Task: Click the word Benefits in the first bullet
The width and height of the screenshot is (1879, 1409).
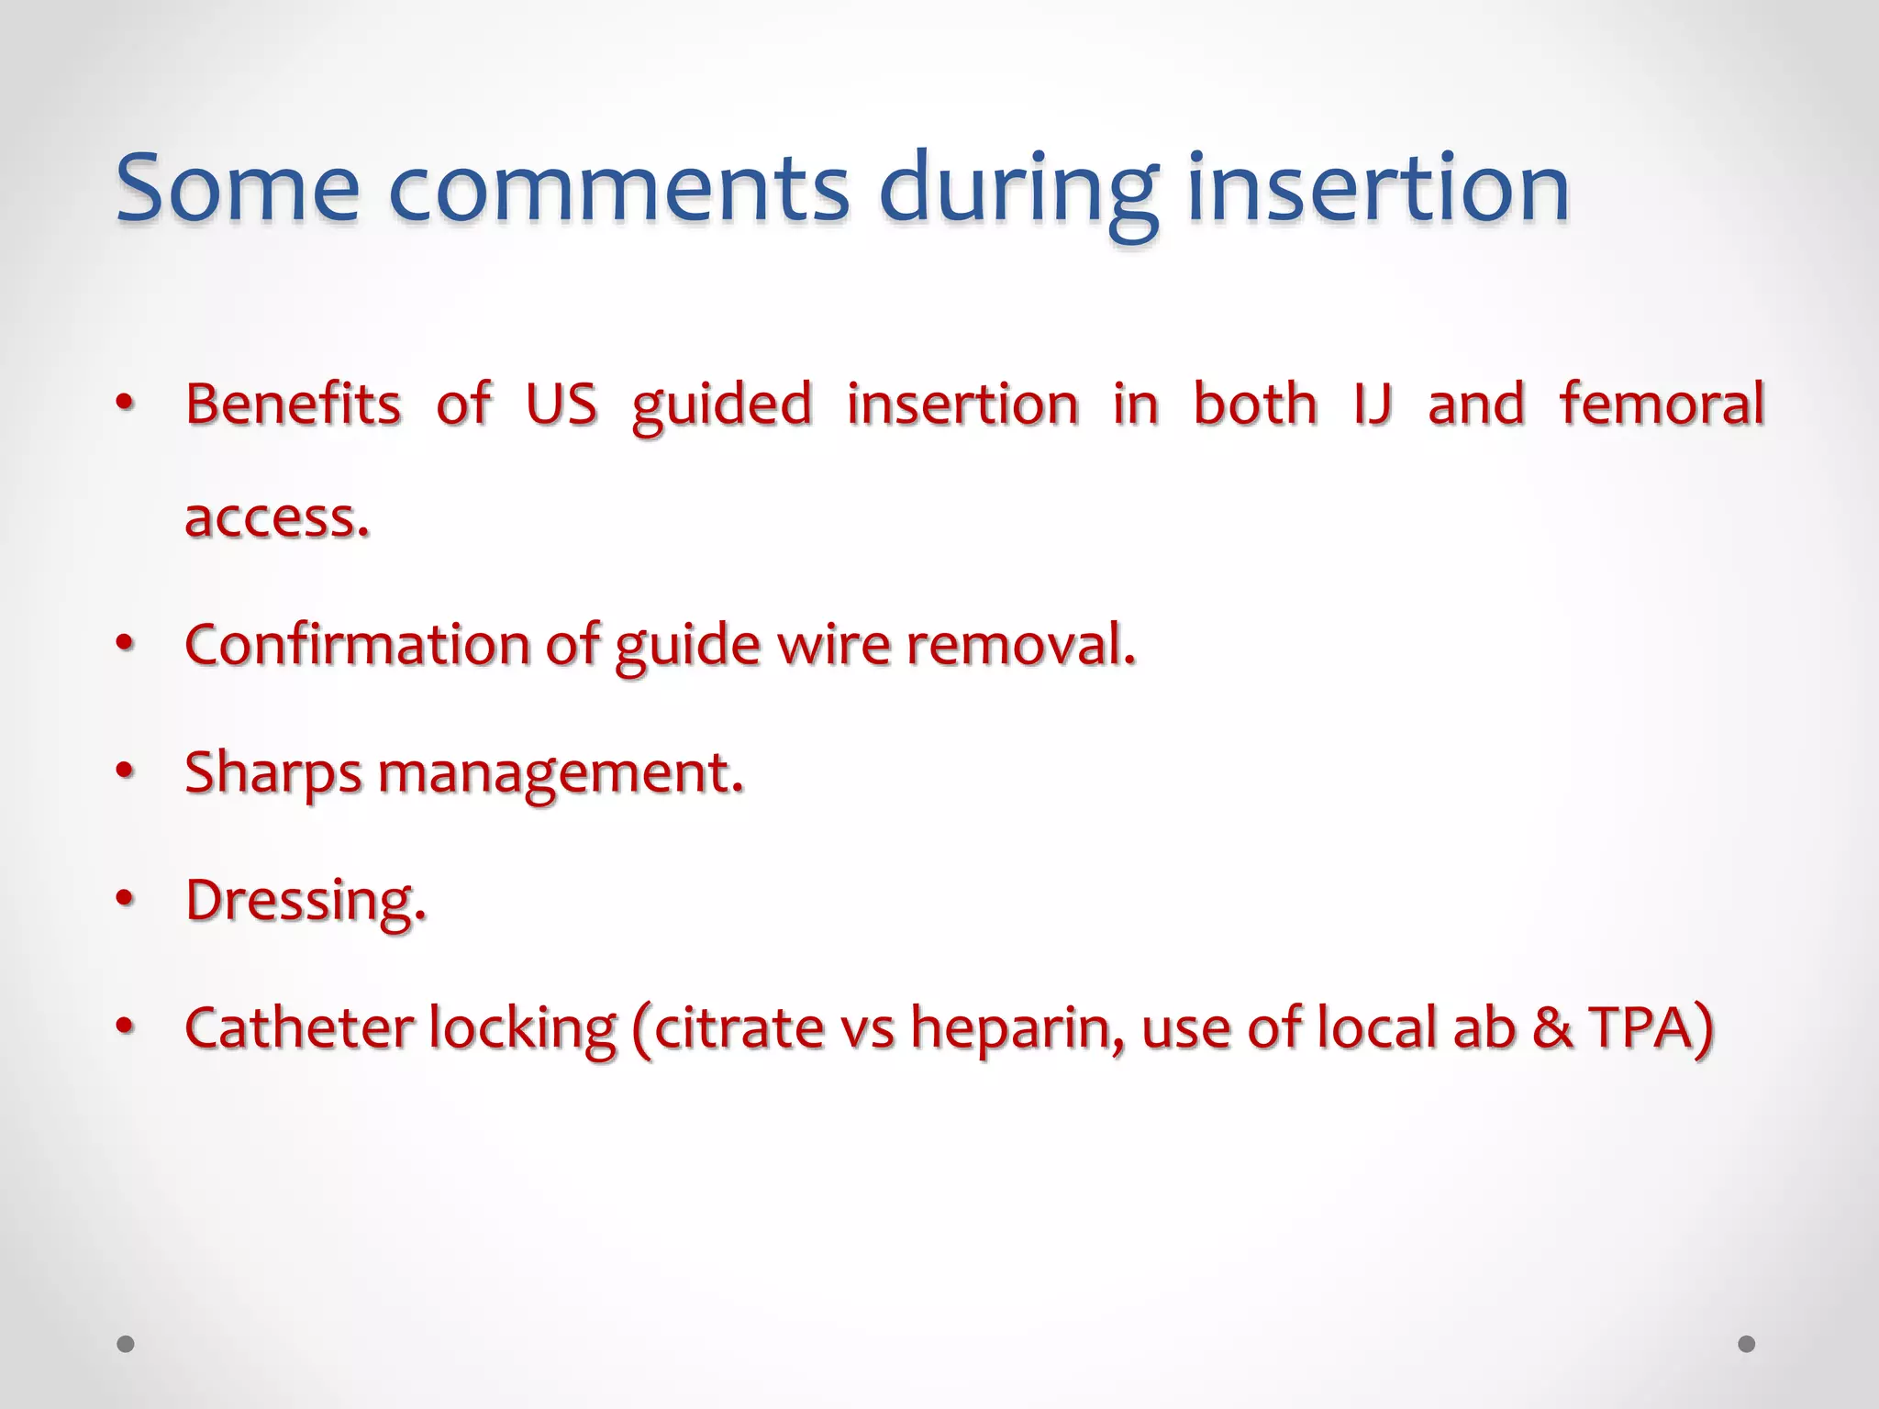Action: click(293, 405)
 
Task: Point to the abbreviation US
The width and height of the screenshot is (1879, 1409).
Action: click(561, 405)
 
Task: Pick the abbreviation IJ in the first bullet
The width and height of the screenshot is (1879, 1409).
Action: click(1373, 405)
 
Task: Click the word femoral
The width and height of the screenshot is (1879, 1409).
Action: click(1662, 405)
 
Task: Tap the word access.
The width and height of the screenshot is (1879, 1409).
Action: click(276, 518)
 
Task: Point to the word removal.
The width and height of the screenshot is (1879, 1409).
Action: click(1020, 644)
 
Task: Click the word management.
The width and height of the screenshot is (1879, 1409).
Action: click(560, 773)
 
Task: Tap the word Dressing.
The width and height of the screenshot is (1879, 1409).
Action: click(306, 901)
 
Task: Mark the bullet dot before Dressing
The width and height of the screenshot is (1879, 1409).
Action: click(126, 898)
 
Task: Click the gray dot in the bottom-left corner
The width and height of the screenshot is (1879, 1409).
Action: click(126, 1344)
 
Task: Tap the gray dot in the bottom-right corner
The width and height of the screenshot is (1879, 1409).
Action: click(1747, 1344)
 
